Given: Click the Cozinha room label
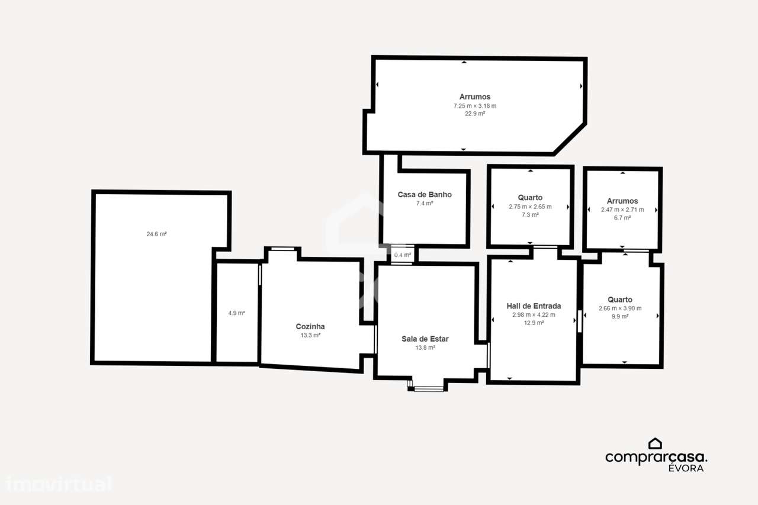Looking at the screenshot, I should pyautogui.click(x=310, y=326).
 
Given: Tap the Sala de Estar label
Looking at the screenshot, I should pyautogui.click(x=425, y=339).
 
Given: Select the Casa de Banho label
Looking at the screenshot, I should pyautogui.click(x=424, y=194).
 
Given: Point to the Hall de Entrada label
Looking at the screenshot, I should pyautogui.click(x=534, y=306).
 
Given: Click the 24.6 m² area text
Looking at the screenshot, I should pyautogui.click(x=156, y=234).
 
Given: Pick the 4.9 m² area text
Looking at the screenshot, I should pyautogui.click(x=236, y=313).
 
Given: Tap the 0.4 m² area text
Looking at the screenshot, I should pyautogui.click(x=402, y=255).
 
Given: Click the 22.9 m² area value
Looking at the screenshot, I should pyautogui.click(x=474, y=114).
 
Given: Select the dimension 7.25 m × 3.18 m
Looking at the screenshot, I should pyautogui.click(x=474, y=106).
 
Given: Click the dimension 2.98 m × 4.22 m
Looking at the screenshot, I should pyautogui.click(x=534, y=315).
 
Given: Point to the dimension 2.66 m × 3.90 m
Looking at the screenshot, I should pyautogui.click(x=619, y=308).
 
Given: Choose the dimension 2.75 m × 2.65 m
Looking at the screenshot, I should pyautogui.click(x=530, y=207).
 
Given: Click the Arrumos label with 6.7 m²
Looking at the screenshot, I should pyautogui.click(x=622, y=201).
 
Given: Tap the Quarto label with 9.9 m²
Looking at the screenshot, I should pyautogui.click(x=619, y=300).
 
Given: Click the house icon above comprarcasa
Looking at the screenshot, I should pyautogui.click(x=655, y=443).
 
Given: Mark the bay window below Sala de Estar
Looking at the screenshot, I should pyautogui.click(x=428, y=388).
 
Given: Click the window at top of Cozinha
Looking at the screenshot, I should pyautogui.click(x=282, y=249).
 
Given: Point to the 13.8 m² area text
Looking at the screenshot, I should pyautogui.click(x=425, y=348).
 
